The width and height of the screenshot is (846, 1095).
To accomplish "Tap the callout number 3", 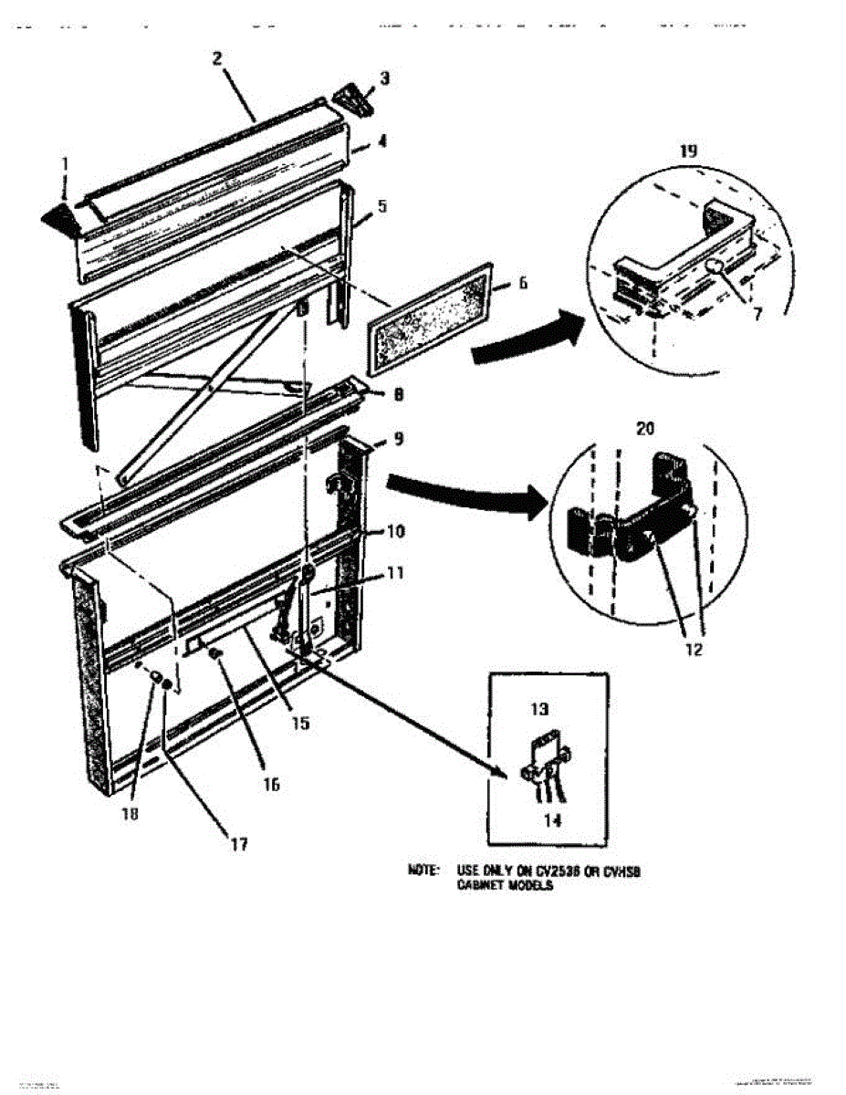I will (384, 78).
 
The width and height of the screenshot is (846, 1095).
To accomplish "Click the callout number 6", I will (522, 283).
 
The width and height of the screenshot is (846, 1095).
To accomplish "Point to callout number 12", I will (695, 651).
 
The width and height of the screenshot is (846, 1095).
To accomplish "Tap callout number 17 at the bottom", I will (238, 845).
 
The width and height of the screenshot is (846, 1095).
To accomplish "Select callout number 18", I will (131, 815).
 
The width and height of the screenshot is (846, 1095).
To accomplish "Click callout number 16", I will (272, 783).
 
